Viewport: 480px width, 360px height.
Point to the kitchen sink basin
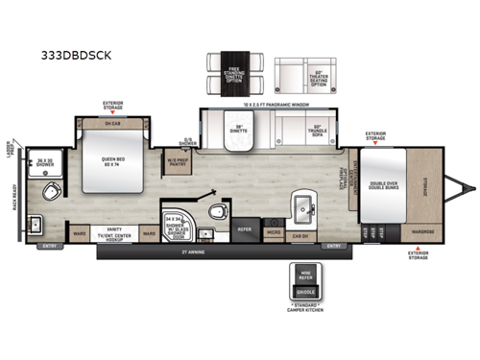click(x=303, y=208)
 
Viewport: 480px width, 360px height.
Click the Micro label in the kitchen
click(x=275, y=232)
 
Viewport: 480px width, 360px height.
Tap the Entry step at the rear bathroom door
click(x=48, y=246)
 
